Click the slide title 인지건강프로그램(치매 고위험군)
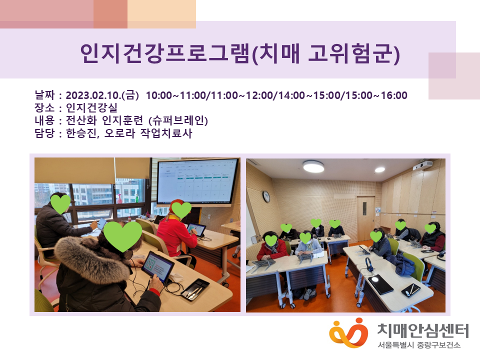point(240,53)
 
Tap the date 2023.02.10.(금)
point(102,95)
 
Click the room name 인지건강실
point(91,108)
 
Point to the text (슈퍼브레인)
point(178,120)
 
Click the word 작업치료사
point(166,133)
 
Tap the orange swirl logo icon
point(348,333)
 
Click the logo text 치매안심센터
point(423,330)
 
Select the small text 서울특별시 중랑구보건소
point(419,345)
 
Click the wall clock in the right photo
point(266,197)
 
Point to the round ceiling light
point(313,166)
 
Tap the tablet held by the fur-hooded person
point(158,266)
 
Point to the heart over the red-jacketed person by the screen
point(181,209)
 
